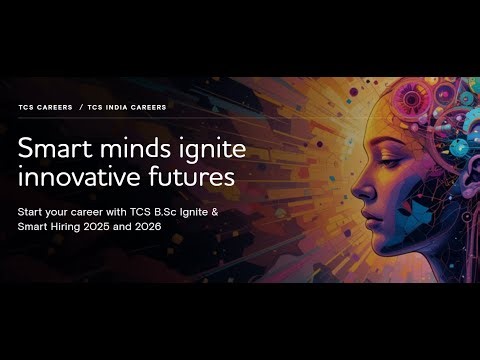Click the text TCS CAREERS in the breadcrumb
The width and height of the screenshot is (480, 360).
(46, 107)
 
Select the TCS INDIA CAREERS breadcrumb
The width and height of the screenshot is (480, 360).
(127, 107)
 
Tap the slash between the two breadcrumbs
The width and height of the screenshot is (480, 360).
(82, 107)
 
